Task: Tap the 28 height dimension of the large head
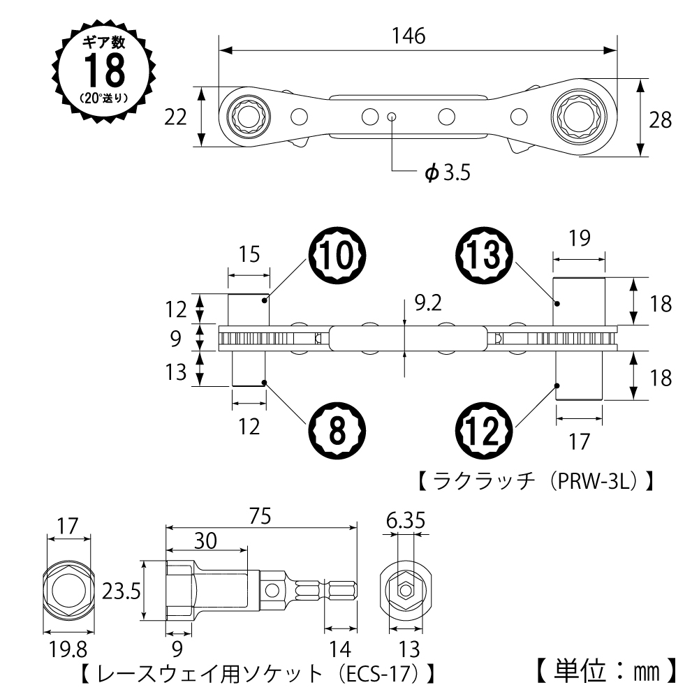click(659, 120)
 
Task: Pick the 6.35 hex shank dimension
click(406, 520)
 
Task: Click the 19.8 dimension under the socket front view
click(68, 649)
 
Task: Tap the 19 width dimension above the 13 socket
click(579, 237)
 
